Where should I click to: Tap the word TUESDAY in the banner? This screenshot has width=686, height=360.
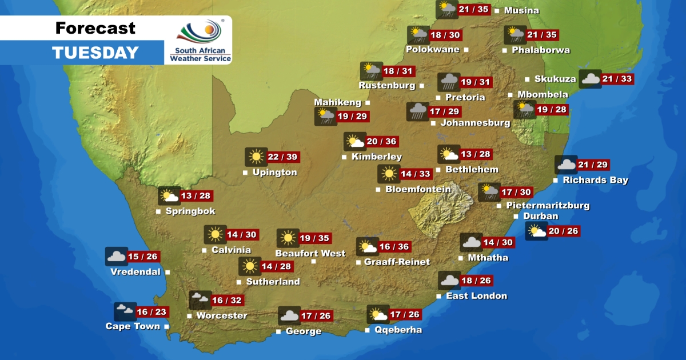tap(95, 53)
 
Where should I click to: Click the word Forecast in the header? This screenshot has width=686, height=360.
tap(95, 27)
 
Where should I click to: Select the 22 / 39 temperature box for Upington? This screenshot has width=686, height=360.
tap(283, 157)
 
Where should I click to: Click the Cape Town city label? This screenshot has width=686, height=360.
tap(133, 326)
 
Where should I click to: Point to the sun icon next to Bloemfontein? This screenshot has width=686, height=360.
tap(389, 174)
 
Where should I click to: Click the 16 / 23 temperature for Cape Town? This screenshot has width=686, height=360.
tap(152, 312)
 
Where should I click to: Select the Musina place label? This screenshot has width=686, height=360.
tap(521, 10)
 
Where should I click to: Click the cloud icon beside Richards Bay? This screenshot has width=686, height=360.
tap(566, 165)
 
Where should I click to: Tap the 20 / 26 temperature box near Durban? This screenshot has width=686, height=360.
tap(563, 231)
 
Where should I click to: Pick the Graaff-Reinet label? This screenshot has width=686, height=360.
tap(397, 262)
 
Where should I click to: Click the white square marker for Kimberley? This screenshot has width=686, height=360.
tap(344, 157)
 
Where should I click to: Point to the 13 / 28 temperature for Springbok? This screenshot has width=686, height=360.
tap(196, 196)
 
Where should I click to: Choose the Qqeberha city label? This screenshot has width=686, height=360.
tap(399, 330)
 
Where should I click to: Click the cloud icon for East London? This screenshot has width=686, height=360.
tap(449, 281)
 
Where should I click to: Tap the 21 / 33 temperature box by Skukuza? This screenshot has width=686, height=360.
tap(617, 79)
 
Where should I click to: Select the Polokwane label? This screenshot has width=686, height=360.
tap(433, 49)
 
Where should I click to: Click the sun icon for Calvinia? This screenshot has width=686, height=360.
tap(216, 234)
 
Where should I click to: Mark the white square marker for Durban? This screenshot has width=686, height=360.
tap(516, 217)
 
